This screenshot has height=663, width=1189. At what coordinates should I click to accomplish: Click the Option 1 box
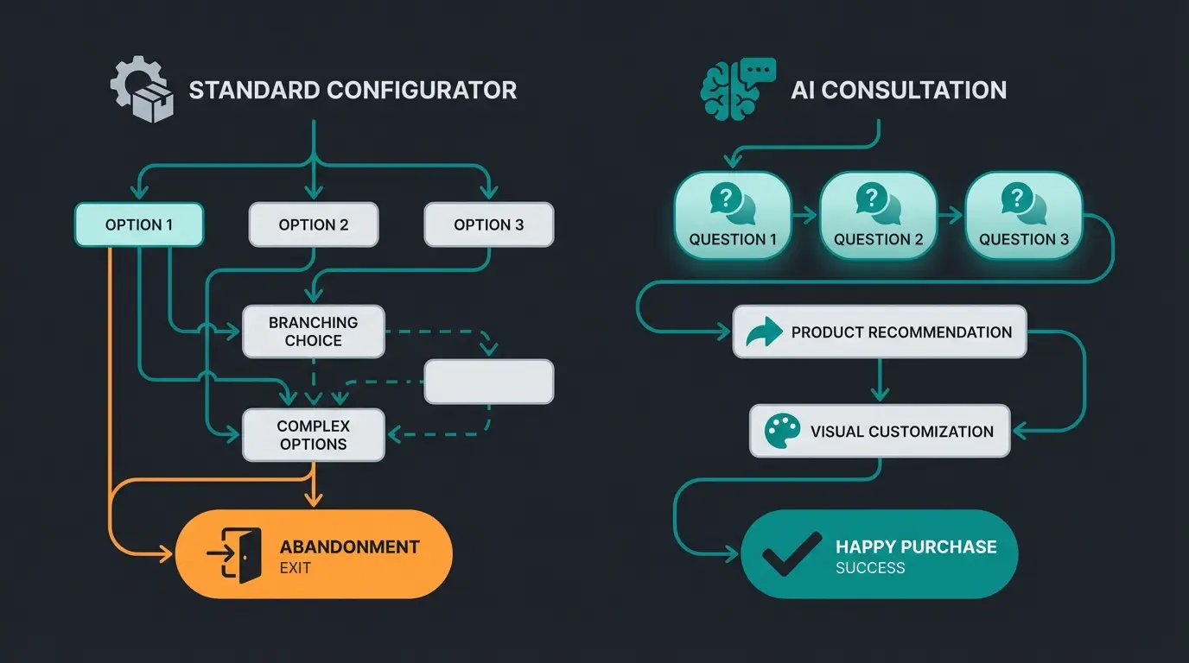(139, 224)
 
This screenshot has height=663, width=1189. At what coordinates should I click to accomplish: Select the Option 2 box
(314, 224)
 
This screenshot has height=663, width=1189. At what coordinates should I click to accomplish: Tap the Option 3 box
(488, 224)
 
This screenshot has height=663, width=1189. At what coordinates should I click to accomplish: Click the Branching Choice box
(313, 331)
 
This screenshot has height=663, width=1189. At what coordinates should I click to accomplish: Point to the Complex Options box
(313, 435)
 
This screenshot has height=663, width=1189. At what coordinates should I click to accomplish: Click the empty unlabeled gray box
(488, 382)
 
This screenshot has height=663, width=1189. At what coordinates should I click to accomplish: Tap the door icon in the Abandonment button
(237, 555)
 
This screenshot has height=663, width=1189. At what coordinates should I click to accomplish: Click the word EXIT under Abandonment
(296, 568)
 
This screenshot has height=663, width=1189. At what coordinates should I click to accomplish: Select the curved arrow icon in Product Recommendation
(764, 331)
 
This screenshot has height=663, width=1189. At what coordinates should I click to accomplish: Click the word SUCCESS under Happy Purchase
(870, 568)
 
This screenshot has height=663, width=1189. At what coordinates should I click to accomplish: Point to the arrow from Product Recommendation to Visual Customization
(880, 381)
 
